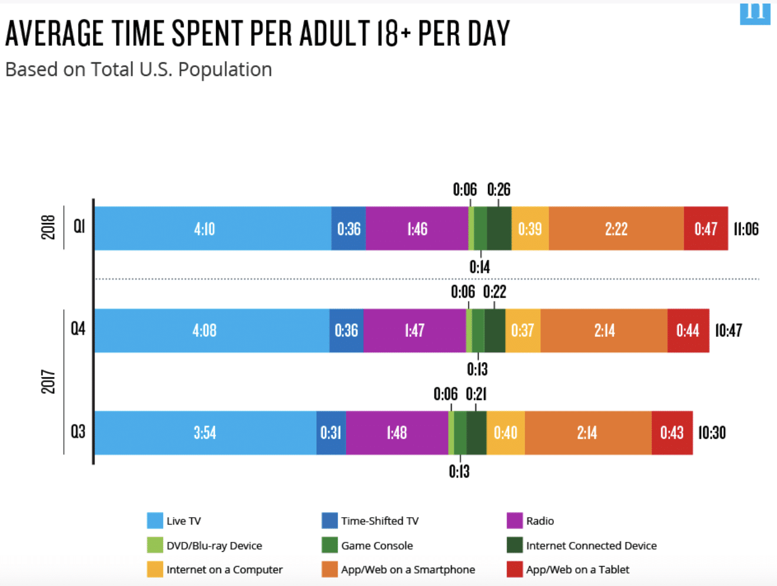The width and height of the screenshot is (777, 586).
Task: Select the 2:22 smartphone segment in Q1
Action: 616,229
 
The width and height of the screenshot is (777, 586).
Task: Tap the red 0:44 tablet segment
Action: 688,330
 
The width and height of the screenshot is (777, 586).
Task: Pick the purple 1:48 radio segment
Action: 397,433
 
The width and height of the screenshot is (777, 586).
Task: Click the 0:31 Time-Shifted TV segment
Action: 331,433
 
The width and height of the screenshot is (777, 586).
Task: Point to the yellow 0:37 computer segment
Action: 523,330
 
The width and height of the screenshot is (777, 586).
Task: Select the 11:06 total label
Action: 746,229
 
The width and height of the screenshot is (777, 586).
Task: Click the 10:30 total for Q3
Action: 712,433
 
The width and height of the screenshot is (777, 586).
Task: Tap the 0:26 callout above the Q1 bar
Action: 499,190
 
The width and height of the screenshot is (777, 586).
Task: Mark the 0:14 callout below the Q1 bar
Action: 480,267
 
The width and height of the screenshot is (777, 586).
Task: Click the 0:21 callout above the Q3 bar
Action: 476,394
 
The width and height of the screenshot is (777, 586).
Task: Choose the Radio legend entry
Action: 540,521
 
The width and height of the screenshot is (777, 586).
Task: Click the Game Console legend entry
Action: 377,545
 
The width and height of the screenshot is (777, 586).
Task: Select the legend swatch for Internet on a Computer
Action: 155,570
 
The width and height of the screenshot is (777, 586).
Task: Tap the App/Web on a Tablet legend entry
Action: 577,570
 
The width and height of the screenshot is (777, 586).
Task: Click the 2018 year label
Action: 48,227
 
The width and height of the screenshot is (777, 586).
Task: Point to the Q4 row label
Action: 78,329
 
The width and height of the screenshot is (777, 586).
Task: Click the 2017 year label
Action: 48,382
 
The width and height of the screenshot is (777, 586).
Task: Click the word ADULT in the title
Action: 334,34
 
